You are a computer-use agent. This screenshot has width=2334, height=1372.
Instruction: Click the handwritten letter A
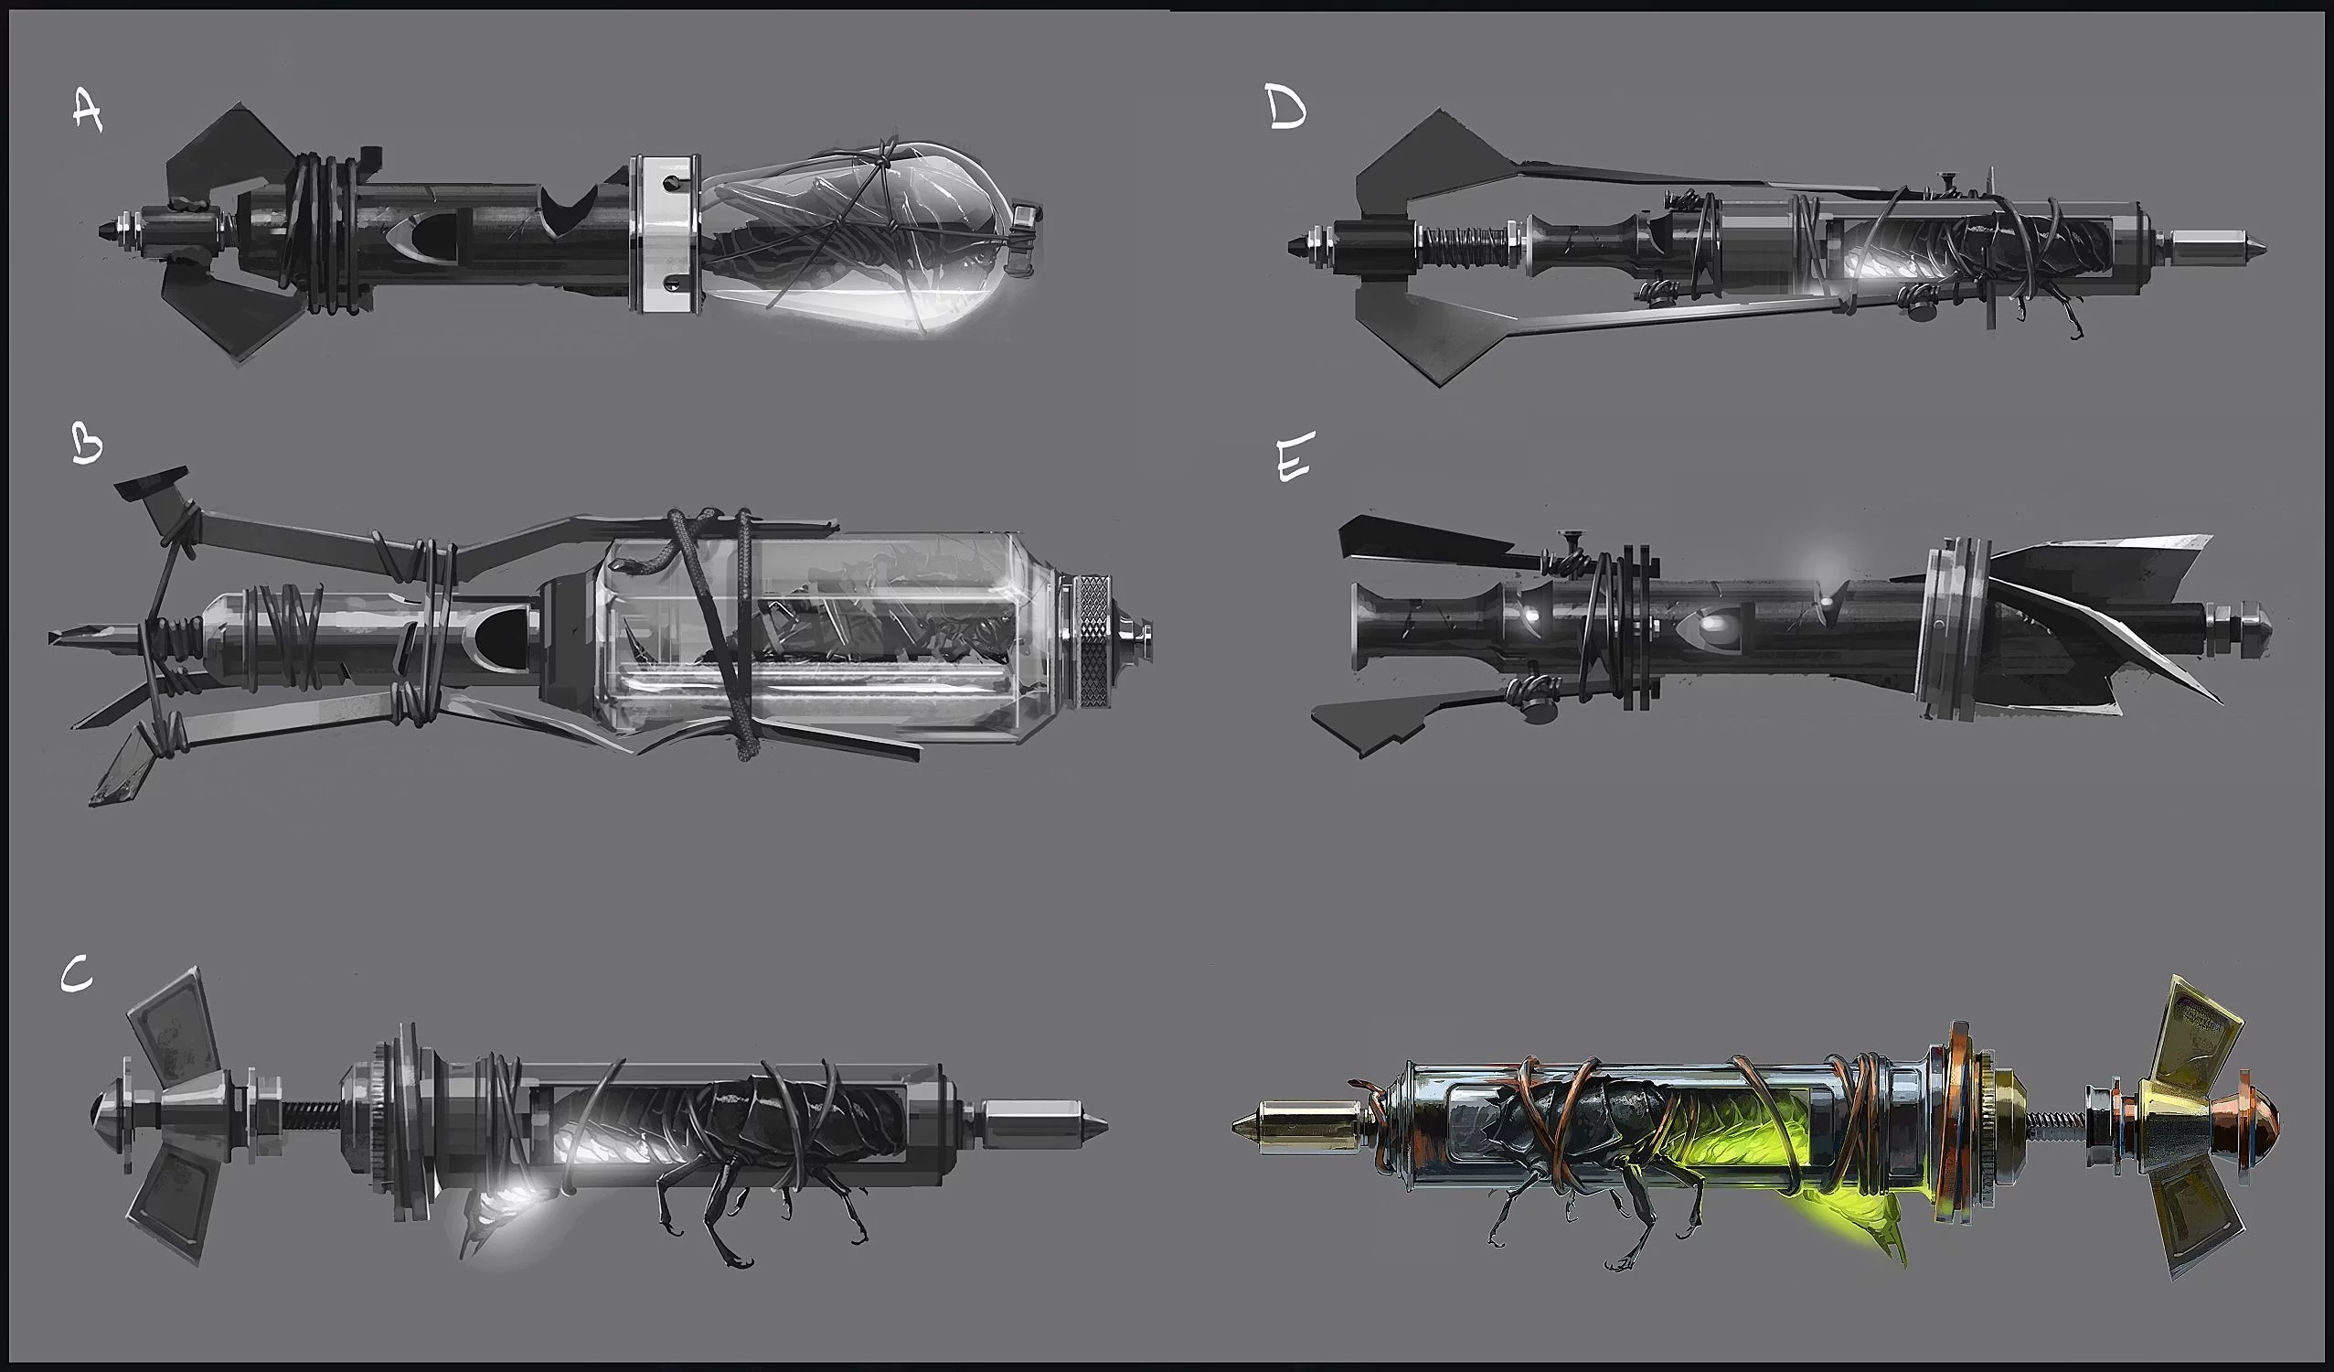(87, 112)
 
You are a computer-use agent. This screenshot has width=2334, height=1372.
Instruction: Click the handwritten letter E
(1294, 459)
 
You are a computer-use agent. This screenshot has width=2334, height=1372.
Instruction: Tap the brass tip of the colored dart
(1292, 1125)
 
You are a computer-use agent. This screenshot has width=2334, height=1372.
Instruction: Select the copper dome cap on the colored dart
(2260, 1123)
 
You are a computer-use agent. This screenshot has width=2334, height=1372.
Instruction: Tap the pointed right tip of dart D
(2266, 246)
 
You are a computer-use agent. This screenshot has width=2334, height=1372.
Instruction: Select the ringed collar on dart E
(1955, 628)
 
